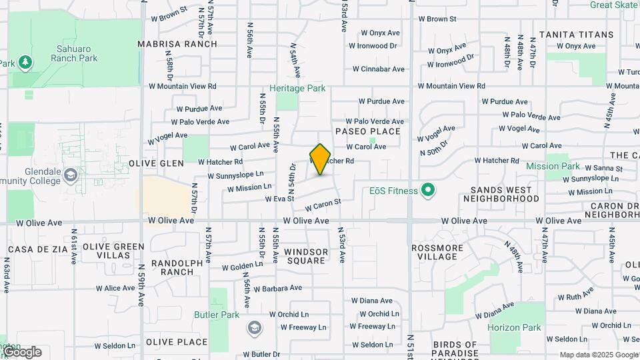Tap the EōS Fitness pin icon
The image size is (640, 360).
click(x=429, y=191)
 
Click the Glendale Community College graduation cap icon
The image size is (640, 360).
click(x=71, y=175)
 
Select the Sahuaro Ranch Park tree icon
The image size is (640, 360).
click(x=25, y=62)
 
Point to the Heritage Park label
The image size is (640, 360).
click(x=297, y=88)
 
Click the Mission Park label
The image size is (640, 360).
click(x=553, y=166)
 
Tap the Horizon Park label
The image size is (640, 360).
click(x=514, y=327)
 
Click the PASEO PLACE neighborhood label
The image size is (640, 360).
click(x=368, y=131)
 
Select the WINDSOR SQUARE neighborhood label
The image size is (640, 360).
click(x=307, y=256)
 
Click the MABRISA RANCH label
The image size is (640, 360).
click(x=177, y=44)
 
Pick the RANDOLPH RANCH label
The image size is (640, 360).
click(x=177, y=267)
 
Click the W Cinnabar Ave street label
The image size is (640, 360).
click(x=379, y=69)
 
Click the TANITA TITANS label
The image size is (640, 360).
click(x=576, y=34)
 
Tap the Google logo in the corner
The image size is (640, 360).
click(x=22, y=351)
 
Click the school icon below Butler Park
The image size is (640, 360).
click(x=254, y=327)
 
